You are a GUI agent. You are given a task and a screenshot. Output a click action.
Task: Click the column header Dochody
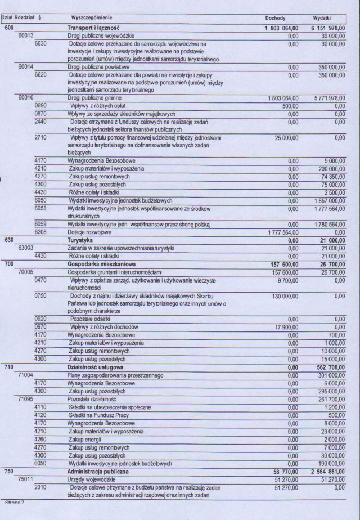click(x=275, y=19)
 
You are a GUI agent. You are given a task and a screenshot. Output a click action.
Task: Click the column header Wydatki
click(x=322, y=19)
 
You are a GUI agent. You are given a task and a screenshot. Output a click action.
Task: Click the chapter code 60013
click(x=26, y=35)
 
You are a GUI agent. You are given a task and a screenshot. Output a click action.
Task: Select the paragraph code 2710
click(x=40, y=137)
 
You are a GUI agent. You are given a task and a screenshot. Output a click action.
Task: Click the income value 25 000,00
click(x=286, y=137)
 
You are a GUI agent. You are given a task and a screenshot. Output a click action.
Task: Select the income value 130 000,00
click(x=286, y=295)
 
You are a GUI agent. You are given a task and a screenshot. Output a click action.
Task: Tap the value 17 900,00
click(x=286, y=326)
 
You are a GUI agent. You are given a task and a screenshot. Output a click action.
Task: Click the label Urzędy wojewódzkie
click(x=91, y=479)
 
